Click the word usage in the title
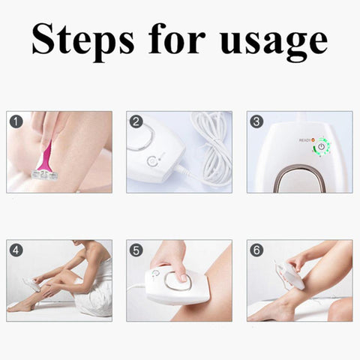[x=272, y=40]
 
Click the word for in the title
[x=176, y=38]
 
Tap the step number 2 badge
[x=136, y=121]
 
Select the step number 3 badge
[x=256, y=121]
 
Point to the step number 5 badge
[x=136, y=250]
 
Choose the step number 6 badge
[x=256, y=250]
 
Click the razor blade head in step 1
[x=43, y=174]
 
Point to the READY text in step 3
[x=304, y=140]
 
